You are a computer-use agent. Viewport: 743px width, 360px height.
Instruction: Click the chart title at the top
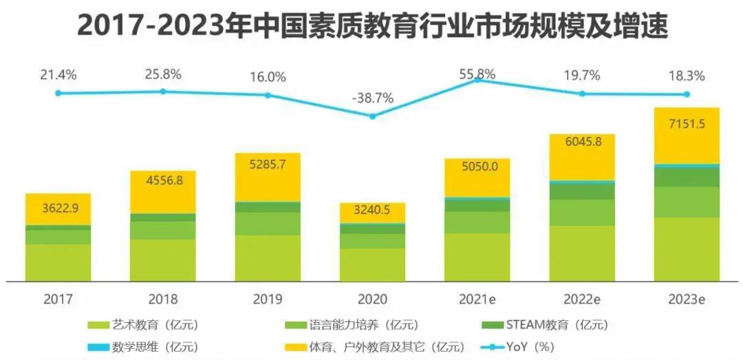click(371, 26)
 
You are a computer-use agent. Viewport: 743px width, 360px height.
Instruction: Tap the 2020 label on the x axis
click(372, 299)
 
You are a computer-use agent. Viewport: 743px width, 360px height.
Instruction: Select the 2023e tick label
click(687, 299)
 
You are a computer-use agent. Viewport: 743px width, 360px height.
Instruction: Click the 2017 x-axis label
click(58, 299)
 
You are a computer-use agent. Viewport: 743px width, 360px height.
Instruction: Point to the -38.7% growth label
click(372, 98)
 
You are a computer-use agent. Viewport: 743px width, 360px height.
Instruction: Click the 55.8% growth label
click(477, 73)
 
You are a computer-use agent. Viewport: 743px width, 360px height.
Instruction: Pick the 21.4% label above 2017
click(58, 73)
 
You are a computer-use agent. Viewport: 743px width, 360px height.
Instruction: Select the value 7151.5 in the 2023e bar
click(687, 124)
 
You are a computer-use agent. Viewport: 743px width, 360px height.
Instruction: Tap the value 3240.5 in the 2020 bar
click(372, 211)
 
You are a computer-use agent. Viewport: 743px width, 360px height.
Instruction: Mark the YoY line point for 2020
click(372, 116)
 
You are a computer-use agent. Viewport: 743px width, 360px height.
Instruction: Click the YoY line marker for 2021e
click(477, 81)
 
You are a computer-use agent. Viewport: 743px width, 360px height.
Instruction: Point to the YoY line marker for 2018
click(163, 91)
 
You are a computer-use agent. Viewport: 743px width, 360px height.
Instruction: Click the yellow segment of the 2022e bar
click(581, 157)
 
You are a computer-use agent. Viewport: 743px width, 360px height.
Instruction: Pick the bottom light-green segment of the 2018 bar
click(163, 260)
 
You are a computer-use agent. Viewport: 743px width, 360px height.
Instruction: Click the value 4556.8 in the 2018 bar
click(163, 182)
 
